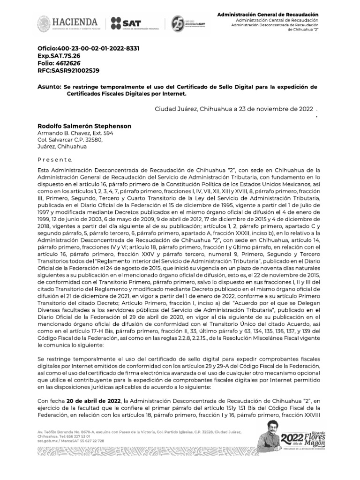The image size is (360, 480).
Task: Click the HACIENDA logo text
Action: [x=75, y=22]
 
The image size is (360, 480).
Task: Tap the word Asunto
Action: [x=49, y=87]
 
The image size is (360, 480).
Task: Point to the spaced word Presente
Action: [x=55, y=159]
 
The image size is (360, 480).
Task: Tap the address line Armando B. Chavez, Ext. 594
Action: [x=75, y=133]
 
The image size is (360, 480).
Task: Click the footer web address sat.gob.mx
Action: [x=48, y=441]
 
